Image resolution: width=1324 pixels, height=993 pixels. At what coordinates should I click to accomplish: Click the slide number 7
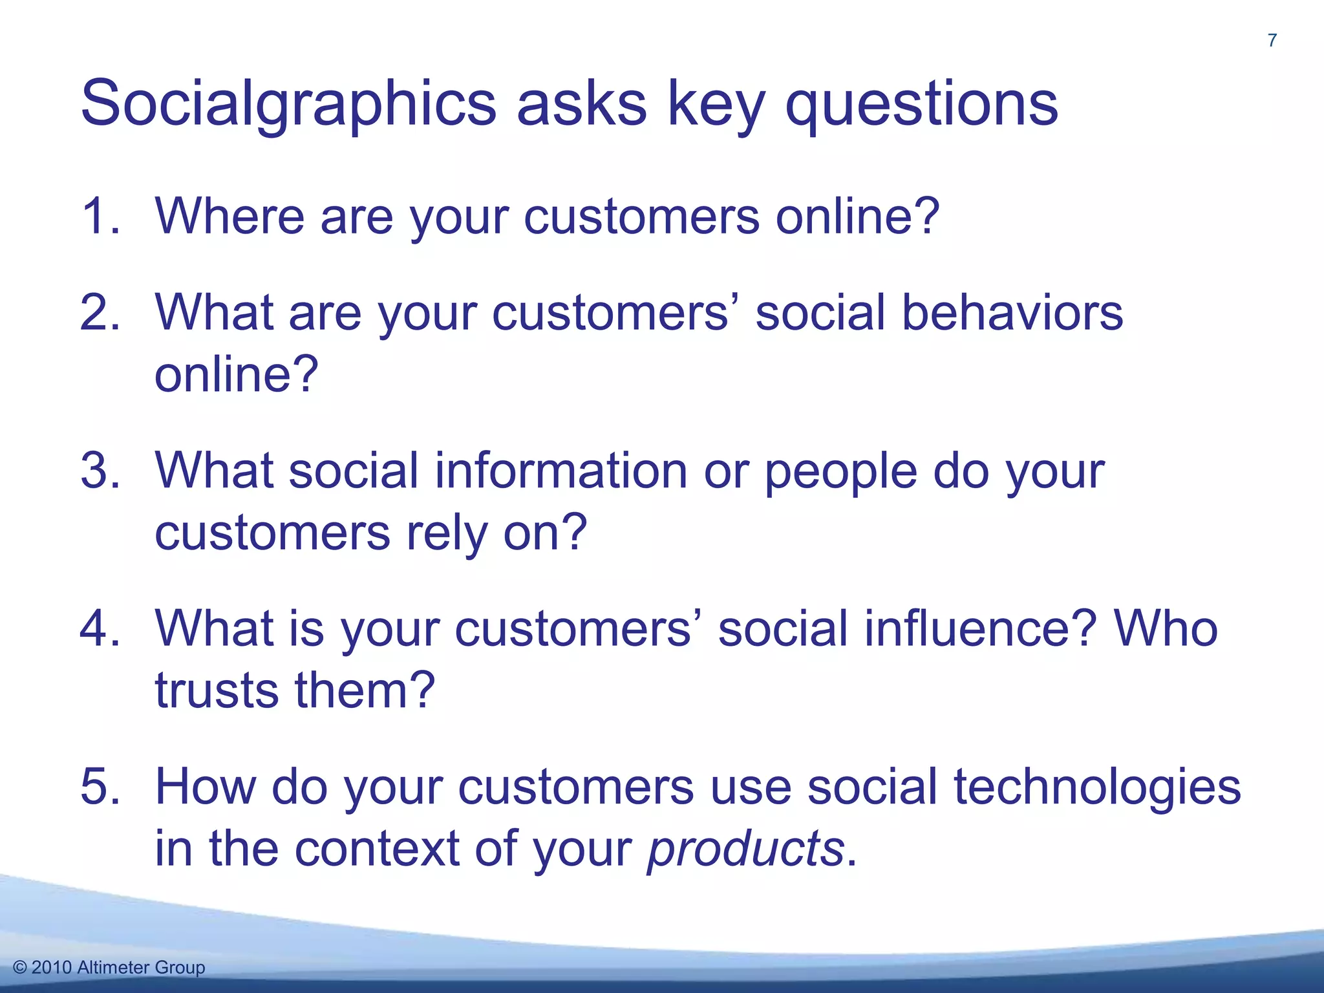(x=1272, y=41)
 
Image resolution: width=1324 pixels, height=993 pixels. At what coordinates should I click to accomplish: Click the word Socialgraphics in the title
(x=288, y=103)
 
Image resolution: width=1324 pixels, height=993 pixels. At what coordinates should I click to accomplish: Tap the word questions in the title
(x=921, y=103)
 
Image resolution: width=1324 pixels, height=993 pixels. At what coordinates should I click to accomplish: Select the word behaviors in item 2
(x=1012, y=312)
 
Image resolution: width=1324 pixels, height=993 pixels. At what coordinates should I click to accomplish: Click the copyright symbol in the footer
(x=20, y=968)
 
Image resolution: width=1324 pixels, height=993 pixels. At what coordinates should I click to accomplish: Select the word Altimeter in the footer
(x=114, y=968)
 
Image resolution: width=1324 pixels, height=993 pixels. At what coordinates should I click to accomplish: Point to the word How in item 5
(x=205, y=786)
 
